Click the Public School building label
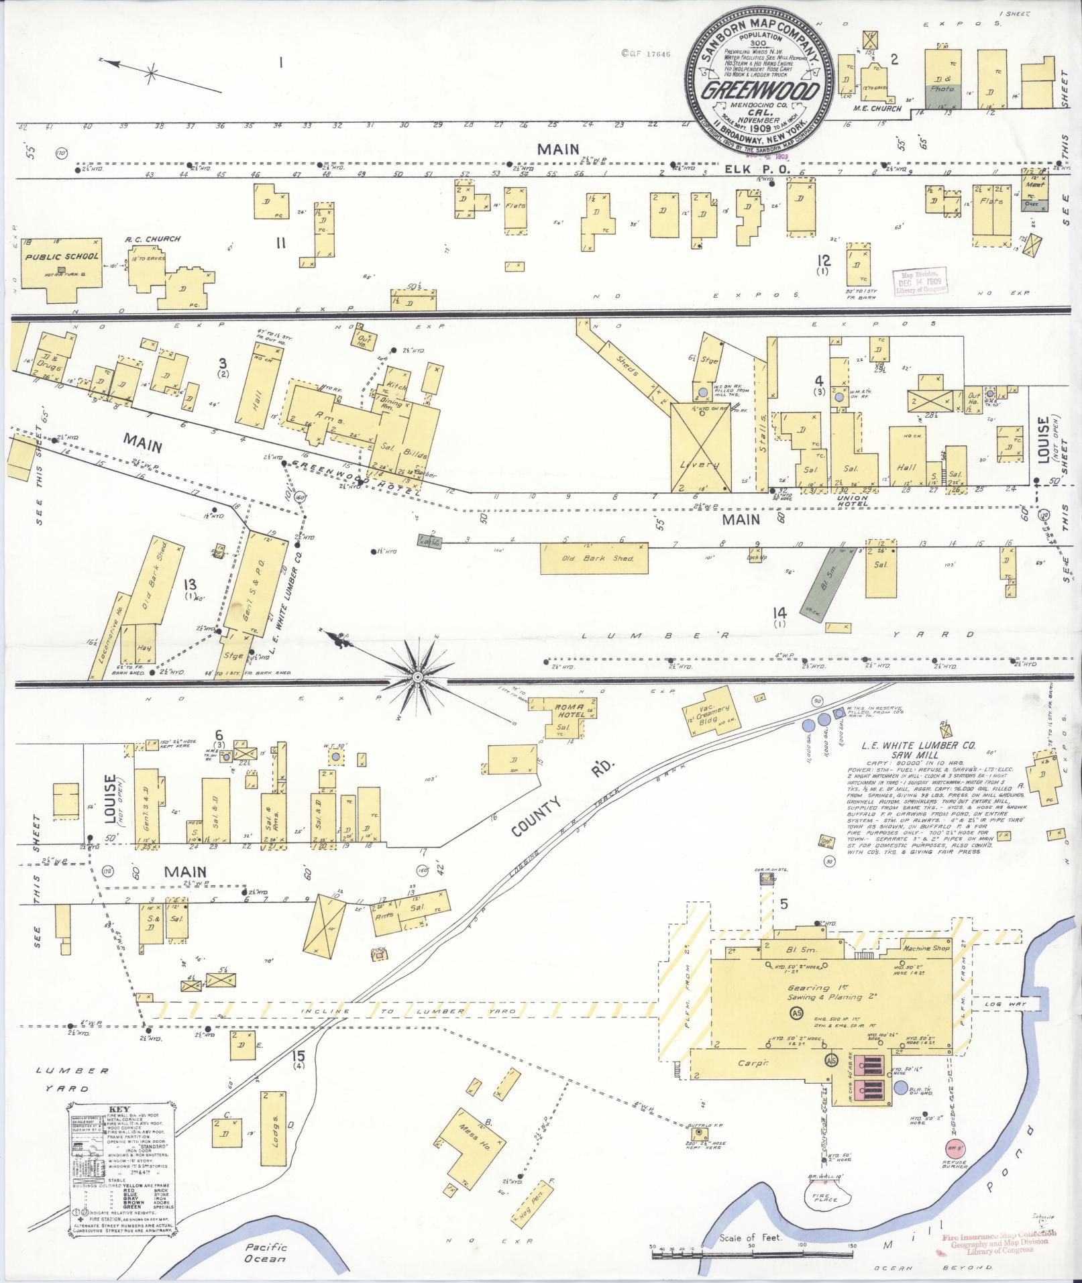tap(62, 257)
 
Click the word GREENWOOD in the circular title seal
tap(759, 91)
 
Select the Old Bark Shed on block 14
tap(594, 558)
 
